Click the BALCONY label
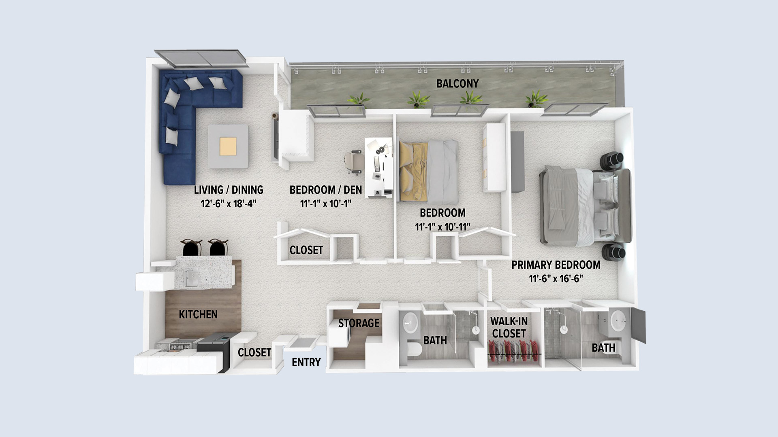[x=457, y=84]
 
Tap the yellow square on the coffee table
[x=229, y=146]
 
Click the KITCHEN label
[x=198, y=314]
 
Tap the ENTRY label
[x=306, y=362]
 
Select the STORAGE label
[x=359, y=323]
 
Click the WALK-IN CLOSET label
[x=509, y=327]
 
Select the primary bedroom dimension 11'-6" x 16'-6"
[x=556, y=279]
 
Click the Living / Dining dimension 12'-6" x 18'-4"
[x=229, y=204]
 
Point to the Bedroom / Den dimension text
[x=326, y=204]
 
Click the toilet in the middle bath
[x=413, y=350]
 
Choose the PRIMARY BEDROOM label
[x=556, y=265]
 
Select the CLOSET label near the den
[x=306, y=250]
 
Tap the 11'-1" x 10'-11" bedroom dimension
[x=442, y=227]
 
